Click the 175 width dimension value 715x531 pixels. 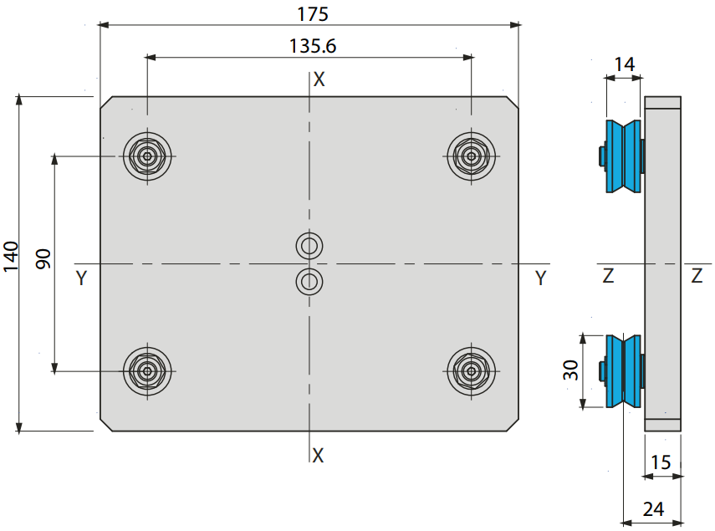[313, 14]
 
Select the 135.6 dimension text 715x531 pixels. [313, 46]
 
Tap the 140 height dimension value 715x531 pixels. [11, 257]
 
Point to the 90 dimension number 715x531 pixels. [43, 259]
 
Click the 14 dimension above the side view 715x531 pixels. [624, 64]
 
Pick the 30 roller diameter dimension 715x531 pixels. [570, 370]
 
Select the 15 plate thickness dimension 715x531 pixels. [661, 462]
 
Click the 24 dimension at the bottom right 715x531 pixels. [653, 509]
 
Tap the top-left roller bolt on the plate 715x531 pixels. [147, 156]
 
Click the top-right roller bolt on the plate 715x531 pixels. [471, 156]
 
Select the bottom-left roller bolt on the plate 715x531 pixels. [147, 371]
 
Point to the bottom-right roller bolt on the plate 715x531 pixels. [471, 371]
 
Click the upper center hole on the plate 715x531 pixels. [309, 246]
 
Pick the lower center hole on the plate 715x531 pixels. [309, 281]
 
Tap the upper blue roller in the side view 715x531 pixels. [623, 156]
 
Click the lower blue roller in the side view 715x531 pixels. [623, 371]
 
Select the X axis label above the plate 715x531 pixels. [319, 79]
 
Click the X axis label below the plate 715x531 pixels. [318, 456]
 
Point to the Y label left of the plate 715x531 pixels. [82, 278]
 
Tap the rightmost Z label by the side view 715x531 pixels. [697, 276]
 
